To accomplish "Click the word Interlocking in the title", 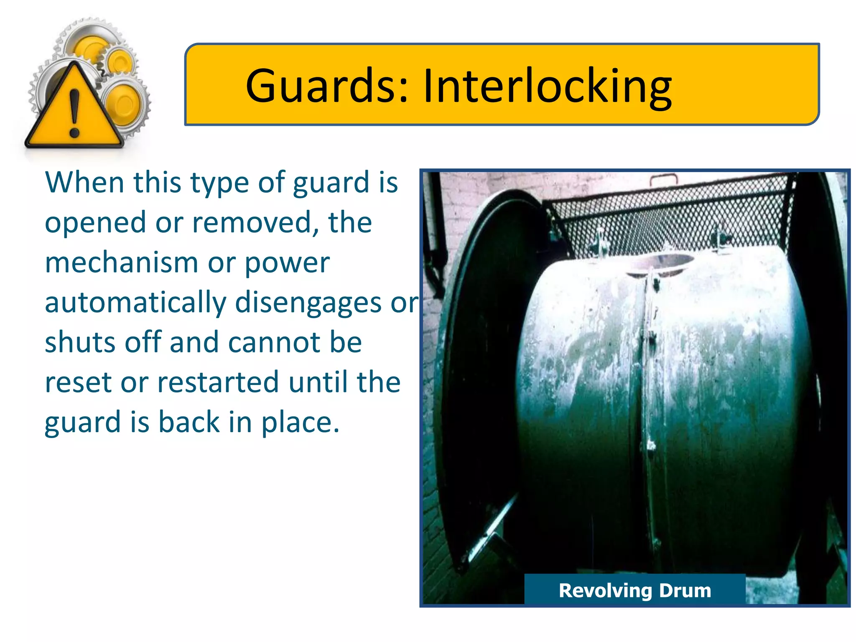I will click(547, 87).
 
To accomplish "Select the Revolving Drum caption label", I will click(634, 590).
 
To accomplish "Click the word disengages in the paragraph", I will click(308, 303).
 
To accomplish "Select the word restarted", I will click(218, 382).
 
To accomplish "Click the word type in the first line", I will click(219, 183).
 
